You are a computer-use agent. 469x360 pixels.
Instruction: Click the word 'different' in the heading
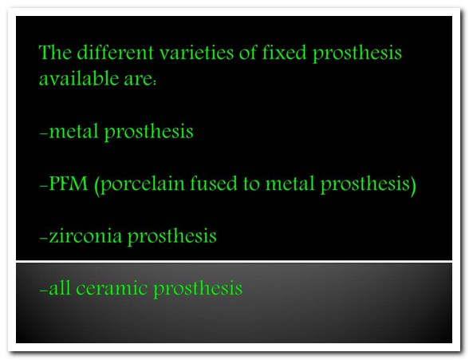click(116, 52)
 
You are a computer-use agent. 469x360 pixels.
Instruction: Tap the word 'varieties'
click(196, 53)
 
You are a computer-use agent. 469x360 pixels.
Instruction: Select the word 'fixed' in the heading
click(284, 52)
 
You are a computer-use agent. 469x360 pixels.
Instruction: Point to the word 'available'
click(79, 78)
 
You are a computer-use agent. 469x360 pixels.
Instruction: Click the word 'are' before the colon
click(138, 80)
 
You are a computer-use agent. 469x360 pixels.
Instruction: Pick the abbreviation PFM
click(69, 184)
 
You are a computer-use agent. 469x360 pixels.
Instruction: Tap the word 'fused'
click(213, 183)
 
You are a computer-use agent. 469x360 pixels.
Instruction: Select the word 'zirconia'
click(85, 235)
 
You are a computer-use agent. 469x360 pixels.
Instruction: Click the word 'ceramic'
click(112, 288)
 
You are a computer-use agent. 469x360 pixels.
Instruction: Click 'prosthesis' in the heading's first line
click(357, 53)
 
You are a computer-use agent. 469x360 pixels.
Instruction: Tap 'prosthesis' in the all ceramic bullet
click(198, 290)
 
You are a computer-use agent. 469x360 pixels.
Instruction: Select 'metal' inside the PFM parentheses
click(290, 184)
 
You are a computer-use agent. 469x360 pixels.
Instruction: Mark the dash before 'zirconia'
click(43, 239)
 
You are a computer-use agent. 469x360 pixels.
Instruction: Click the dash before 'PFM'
click(43, 187)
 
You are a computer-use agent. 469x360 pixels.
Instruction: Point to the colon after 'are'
click(155, 82)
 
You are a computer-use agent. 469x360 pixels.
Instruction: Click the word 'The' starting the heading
click(55, 52)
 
